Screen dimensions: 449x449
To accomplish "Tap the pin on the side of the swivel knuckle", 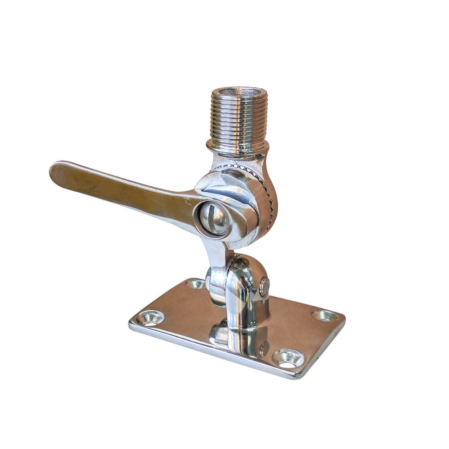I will click(264, 286).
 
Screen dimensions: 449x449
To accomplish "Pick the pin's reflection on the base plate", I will click(264, 348).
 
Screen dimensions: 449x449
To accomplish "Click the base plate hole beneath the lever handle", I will click(150, 318).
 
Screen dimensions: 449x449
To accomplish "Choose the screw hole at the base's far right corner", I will click(326, 316).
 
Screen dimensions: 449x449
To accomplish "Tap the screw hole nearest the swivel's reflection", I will click(288, 358).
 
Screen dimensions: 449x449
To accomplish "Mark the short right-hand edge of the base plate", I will click(330, 348).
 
